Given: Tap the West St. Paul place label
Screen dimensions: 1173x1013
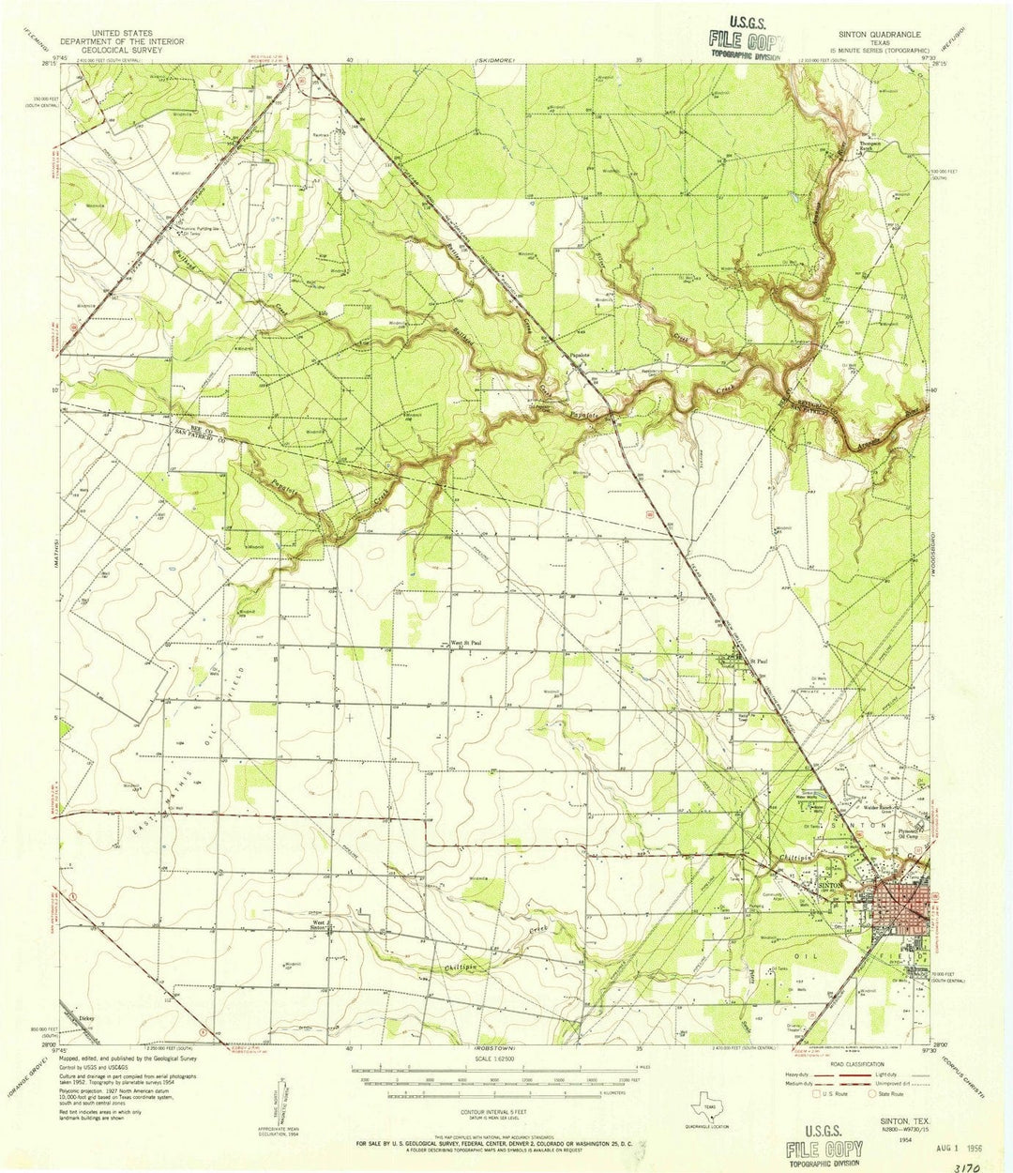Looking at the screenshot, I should click(x=466, y=643).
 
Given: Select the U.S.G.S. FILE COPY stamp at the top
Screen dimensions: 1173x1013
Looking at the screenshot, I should click(x=747, y=38).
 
